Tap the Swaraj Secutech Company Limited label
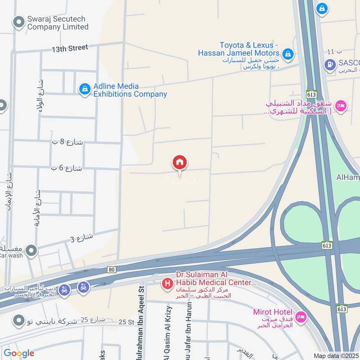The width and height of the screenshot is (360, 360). point(57,23)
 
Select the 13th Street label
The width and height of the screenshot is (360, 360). point(69,48)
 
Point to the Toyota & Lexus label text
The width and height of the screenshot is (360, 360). point(249,45)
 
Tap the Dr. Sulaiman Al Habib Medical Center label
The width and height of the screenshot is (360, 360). point(209,283)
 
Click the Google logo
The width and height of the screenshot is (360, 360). point(18,353)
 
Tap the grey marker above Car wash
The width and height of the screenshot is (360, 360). point(31,251)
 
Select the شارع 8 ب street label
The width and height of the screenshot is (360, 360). point(68,143)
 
